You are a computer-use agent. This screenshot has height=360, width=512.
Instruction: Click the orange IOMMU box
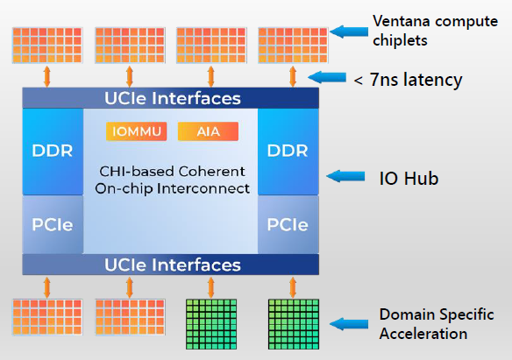(136, 132)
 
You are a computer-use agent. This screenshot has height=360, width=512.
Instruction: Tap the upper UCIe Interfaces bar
(173, 98)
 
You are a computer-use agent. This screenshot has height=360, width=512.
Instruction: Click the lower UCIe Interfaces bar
(173, 264)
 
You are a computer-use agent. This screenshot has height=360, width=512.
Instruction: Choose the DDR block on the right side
(288, 151)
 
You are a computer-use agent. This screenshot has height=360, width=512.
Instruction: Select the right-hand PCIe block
(288, 223)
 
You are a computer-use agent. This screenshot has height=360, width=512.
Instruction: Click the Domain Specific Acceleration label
(436, 323)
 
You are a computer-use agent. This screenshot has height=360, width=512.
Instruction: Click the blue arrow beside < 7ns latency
(325, 79)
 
